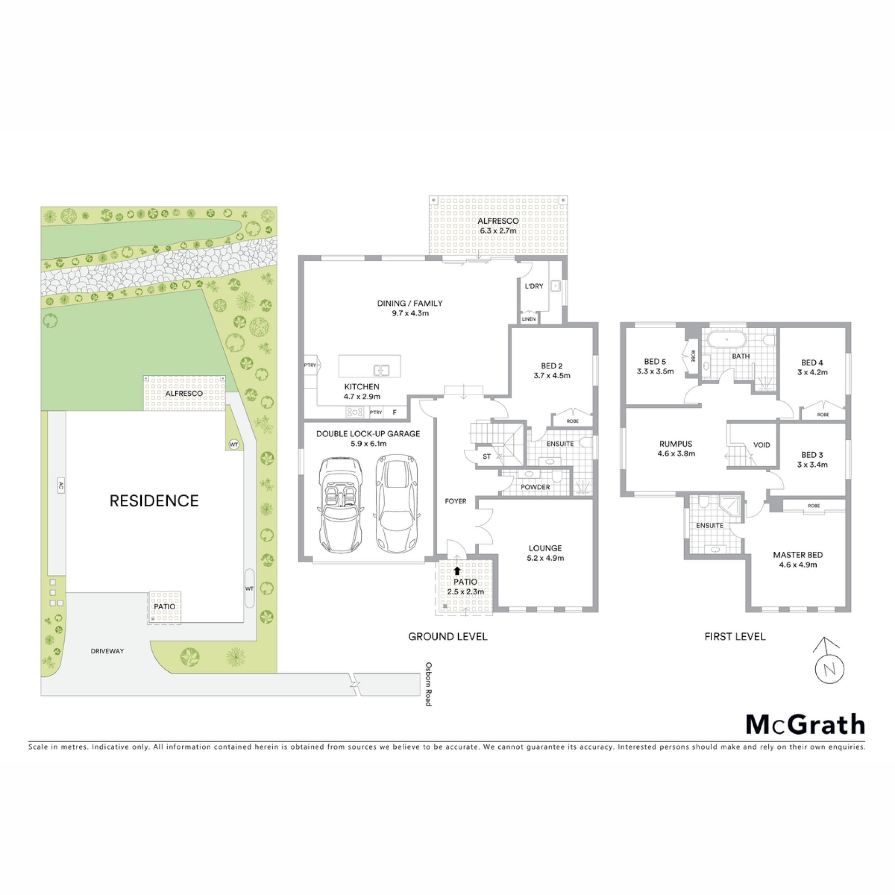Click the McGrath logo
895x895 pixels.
pyautogui.click(x=805, y=724)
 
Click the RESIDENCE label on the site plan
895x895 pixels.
pyautogui.click(x=154, y=501)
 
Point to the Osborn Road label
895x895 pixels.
pyautogui.click(x=428, y=684)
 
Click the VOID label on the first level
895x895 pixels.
pyautogui.click(x=762, y=445)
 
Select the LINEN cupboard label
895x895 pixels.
pyautogui.click(x=529, y=319)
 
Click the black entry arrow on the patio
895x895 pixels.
pyautogui.click(x=457, y=570)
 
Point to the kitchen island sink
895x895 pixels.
pyautogui.click(x=381, y=371)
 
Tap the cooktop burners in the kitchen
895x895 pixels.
pyautogui.click(x=355, y=412)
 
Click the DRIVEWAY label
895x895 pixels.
pyautogui.click(x=107, y=651)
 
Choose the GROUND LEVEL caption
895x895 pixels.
pyautogui.click(x=447, y=637)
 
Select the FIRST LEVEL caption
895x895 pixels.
pyautogui.click(x=735, y=637)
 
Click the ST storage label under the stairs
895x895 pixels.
pyautogui.click(x=487, y=456)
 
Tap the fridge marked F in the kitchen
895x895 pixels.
pyautogui.click(x=394, y=413)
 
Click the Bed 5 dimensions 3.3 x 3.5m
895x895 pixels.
pyautogui.click(x=655, y=372)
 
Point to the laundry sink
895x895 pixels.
pyautogui.click(x=556, y=285)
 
